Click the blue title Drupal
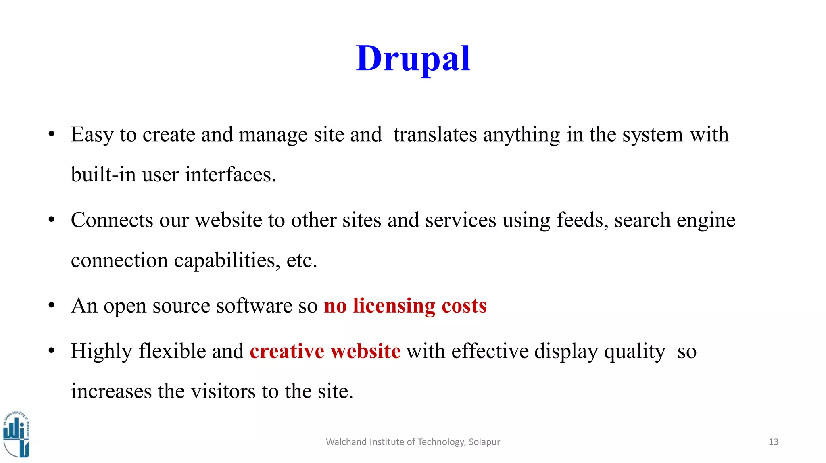[413, 59]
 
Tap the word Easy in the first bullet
[92, 135]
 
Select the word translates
[435, 135]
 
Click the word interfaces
[230, 175]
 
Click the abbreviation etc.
[302, 261]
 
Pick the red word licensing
[394, 306]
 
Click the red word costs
[464, 306]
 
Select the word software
[254, 306]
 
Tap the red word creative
[287, 351]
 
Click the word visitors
[223, 392]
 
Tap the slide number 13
[773, 442]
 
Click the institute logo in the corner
[16, 435]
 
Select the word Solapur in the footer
[484, 442]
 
